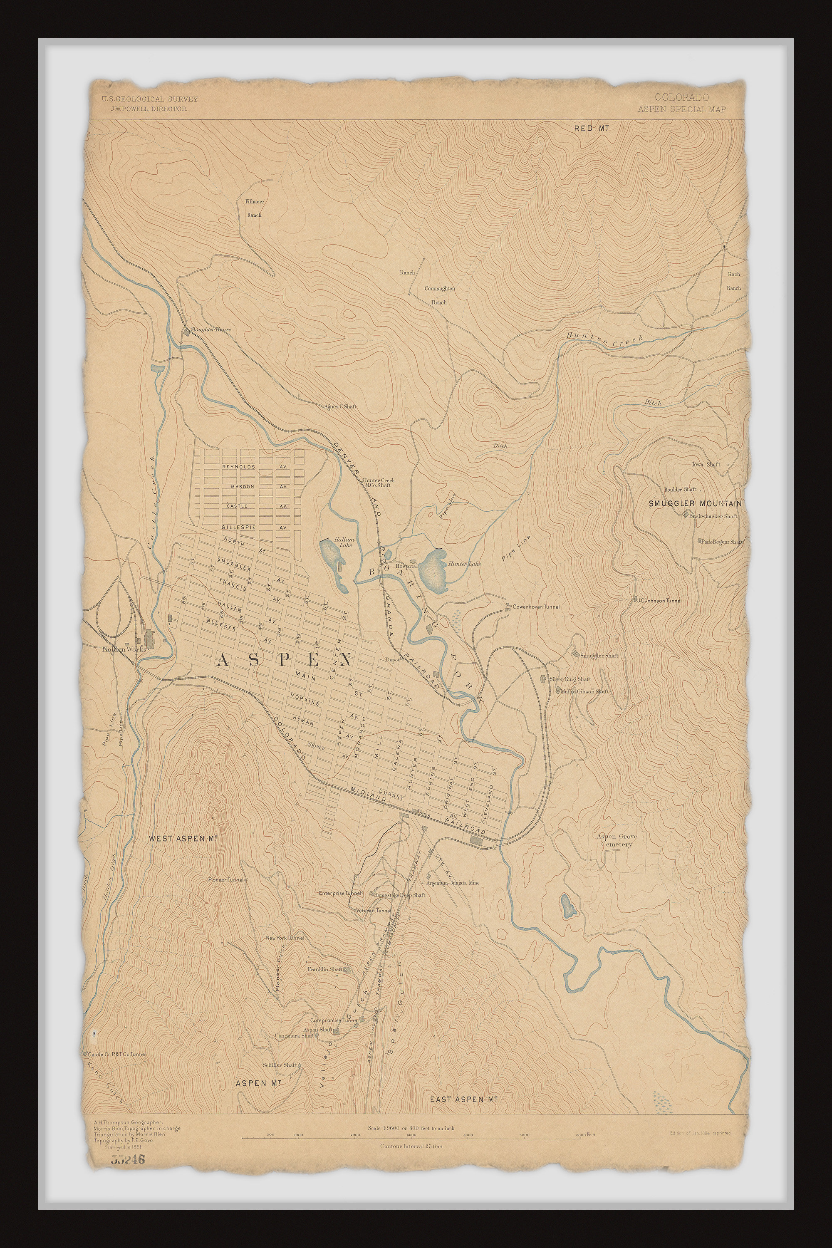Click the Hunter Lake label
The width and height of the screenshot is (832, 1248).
point(464,564)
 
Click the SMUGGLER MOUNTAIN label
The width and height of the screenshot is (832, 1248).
point(695,503)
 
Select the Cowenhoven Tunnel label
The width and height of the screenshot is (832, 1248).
point(535,607)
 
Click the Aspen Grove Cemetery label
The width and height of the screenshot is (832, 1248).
point(617,840)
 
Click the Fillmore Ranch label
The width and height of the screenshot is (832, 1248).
point(254,208)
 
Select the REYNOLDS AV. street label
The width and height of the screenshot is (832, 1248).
point(239,467)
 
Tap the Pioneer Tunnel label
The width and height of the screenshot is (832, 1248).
point(225,880)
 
